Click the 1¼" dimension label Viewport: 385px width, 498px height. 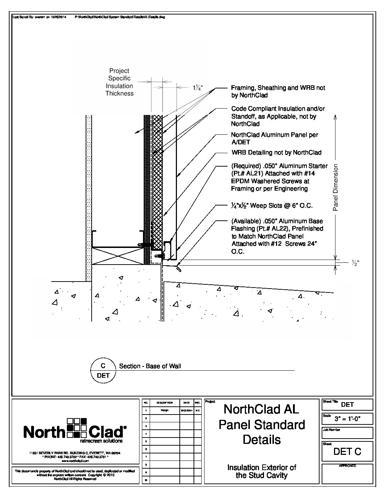point(198,88)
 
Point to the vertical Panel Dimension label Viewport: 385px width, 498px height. point(336,187)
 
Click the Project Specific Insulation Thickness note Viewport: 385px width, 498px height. point(119,82)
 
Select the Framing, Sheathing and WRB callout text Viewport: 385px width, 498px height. point(278,91)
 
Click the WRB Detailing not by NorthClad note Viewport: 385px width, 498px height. point(276,152)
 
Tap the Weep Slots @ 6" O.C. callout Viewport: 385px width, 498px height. point(272,205)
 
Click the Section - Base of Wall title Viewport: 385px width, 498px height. point(150,366)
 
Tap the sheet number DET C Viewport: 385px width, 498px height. point(347,452)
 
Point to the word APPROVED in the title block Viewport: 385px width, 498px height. point(347,466)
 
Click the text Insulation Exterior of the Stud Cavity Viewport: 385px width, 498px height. point(262,471)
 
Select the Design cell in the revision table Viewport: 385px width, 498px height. point(165,411)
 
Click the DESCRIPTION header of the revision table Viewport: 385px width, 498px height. point(165,403)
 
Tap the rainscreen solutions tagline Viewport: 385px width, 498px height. point(102,441)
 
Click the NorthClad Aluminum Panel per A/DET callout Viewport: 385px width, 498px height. point(275,138)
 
